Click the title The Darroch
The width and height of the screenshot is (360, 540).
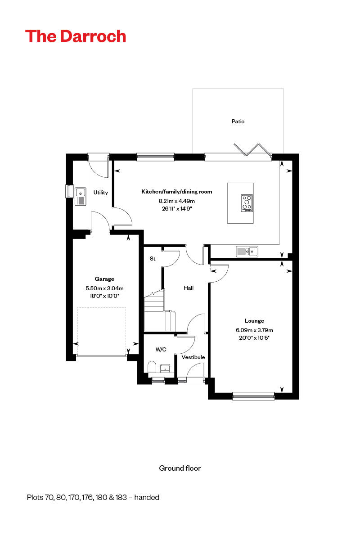pos(76,36)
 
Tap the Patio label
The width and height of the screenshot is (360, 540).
pos(238,121)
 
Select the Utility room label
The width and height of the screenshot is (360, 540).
pos(100,193)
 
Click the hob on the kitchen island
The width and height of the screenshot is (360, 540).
pos(247,203)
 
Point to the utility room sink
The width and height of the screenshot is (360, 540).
pos(81,196)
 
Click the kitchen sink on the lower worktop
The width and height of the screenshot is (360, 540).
pos(247,251)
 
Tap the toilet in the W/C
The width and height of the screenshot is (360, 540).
pos(152,367)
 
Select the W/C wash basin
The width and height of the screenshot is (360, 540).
pos(166,369)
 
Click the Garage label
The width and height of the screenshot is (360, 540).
pos(104,279)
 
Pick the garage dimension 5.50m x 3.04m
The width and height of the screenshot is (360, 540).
pos(104,288)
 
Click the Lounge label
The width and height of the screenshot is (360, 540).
pos(254,321)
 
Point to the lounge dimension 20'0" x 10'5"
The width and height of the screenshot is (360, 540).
pos(254,337)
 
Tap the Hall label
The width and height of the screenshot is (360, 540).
pos(189,288)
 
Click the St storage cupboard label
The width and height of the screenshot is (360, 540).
pos(152,259)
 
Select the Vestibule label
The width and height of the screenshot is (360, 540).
pos(193,357)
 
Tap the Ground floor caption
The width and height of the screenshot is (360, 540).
pos(180,468)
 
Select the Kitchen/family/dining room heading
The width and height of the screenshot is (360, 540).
pos(176,192)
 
